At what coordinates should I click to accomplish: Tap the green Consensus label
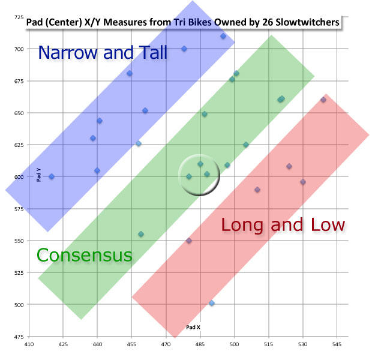pos(84,255)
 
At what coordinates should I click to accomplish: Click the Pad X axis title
pos(193,328)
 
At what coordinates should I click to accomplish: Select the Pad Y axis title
pos(38,174)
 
